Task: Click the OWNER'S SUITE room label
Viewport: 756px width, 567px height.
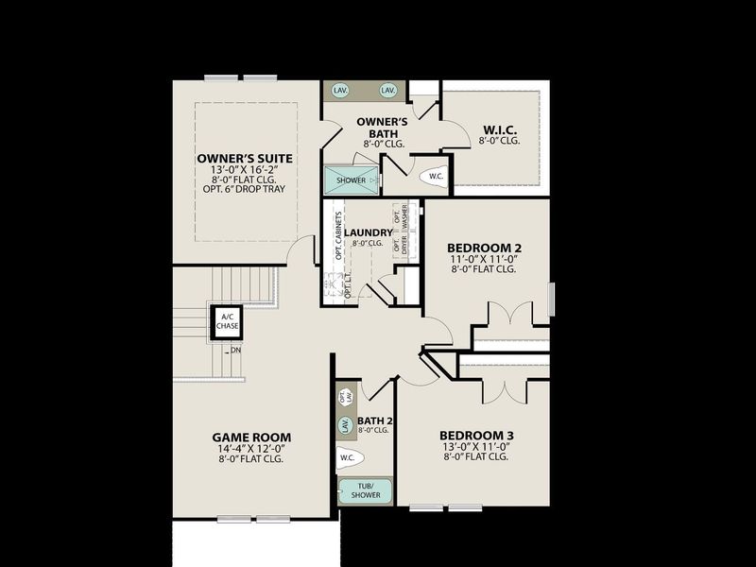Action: tap(245, 158)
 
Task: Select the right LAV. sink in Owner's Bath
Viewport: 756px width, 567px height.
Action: tap(387, 90)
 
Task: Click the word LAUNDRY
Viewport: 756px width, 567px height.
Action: tap(368, 232)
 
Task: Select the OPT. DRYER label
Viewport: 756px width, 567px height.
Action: tap(397, 246)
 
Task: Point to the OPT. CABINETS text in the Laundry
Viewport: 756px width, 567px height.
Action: tap(337, 236)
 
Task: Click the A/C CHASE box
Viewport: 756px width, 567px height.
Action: tap(227, 321)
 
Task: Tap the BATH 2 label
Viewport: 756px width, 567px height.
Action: tap(374, 421)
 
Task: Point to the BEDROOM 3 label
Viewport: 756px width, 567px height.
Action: tap(474, 436)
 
